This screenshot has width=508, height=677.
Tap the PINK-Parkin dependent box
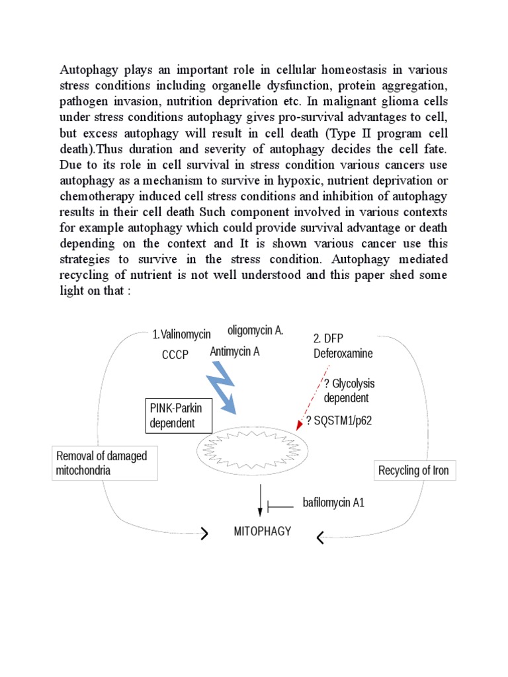pos(179,416)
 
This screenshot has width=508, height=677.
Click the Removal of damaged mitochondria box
pos(105,463)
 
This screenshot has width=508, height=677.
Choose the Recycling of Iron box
pos(413,471)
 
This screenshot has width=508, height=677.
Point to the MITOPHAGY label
pos(263,531)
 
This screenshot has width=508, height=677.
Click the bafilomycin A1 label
pos(333,503)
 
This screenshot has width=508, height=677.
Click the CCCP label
pos(175,355)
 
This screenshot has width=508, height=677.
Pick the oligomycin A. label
pos(255,330)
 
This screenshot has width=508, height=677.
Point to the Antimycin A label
pos(235,352)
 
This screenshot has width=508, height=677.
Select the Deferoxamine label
pos(343,353)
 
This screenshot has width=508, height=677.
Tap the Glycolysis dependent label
pos(346,390)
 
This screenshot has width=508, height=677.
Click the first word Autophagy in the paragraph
pos(87,70)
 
